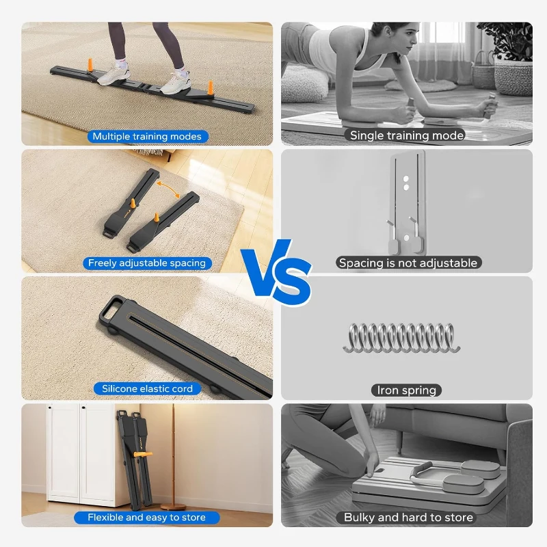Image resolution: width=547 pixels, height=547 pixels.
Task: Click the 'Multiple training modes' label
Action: [x=147, y=136]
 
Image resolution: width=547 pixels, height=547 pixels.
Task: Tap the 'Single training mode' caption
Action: [x=407, y=135]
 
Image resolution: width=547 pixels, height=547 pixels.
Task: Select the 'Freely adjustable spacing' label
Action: [x=147, y=263]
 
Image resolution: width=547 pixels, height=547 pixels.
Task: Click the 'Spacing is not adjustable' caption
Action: [x=408, y=263]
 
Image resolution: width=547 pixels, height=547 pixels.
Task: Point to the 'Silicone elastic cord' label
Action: [x=147, y=388]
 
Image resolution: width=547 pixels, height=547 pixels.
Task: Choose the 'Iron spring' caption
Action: [x=407, y=390]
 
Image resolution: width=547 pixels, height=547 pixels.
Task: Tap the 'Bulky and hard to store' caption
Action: [x=408, y=518]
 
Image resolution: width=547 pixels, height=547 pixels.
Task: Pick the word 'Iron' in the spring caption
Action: [x=388, y=390]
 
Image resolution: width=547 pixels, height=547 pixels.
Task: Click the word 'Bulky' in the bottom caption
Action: [x=360, y=518]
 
